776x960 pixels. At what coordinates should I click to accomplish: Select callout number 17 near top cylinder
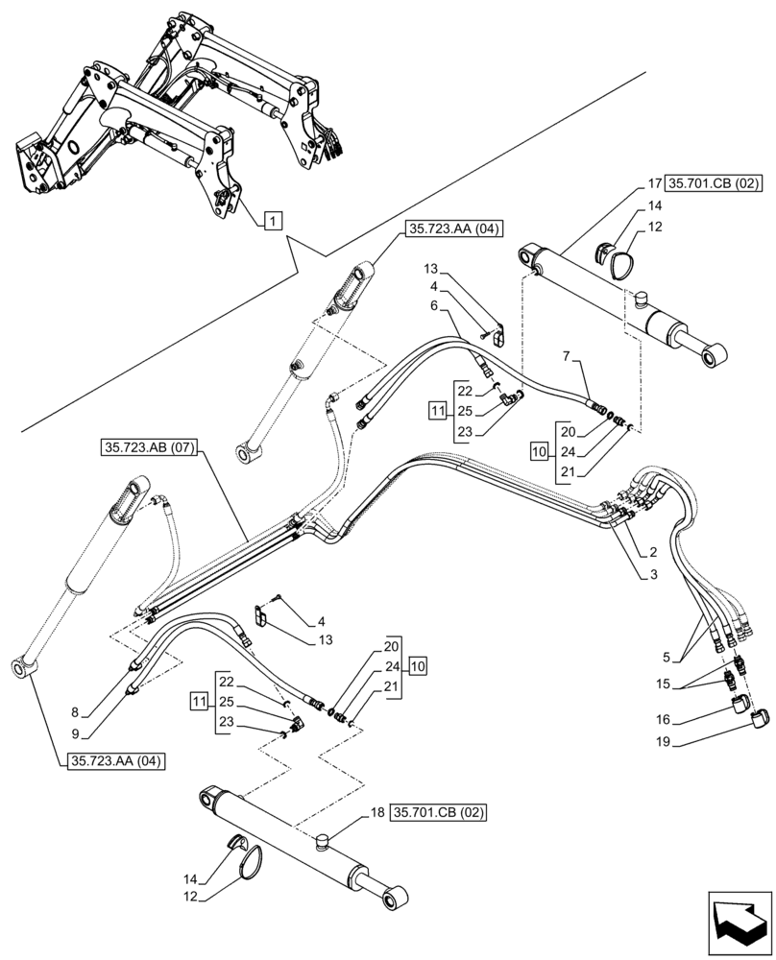(x=652, y=183)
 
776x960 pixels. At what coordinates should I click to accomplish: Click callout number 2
(x=652, y=552)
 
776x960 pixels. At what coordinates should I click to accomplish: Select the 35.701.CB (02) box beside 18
(x=438, y=813)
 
